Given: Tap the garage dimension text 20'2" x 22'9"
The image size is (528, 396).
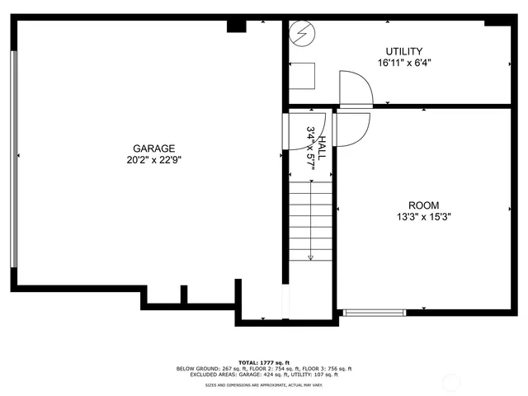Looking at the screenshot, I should point(153,160).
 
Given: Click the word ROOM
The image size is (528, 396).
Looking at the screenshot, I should point(423,205).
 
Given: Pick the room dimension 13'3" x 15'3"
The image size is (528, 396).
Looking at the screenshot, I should point(423,217).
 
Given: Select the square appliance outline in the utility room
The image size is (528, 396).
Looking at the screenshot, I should point(302,77).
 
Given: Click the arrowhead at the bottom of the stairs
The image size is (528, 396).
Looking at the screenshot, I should point(310,258).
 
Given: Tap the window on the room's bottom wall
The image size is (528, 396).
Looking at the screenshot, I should point(374,312).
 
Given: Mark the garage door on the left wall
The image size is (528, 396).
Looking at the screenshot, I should point(12,160).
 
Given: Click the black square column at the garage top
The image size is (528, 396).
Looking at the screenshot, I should point(236,26).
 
